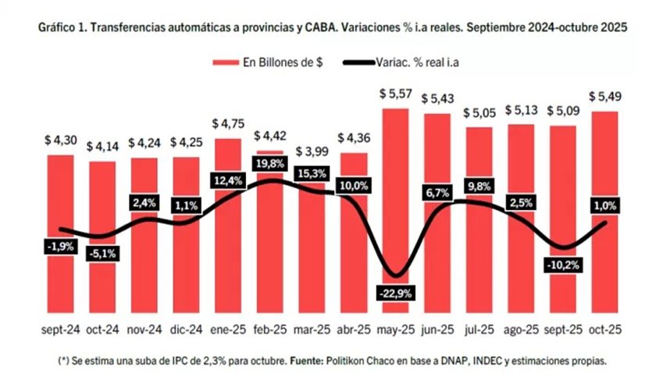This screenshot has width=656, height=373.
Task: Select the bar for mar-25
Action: pos(311,242)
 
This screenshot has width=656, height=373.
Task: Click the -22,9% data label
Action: pos(396,293)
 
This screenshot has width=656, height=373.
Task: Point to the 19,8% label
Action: pos(269,163)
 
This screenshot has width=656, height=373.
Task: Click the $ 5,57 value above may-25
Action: pos(395,94)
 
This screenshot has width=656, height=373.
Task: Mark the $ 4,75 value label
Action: pos(227,125)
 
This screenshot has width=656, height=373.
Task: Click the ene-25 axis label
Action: pos(227,329)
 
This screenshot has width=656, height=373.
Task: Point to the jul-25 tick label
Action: pos(479,329)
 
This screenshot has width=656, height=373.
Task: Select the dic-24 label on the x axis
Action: pos(186,329)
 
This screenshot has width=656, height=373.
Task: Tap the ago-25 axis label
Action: pos(521,329)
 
